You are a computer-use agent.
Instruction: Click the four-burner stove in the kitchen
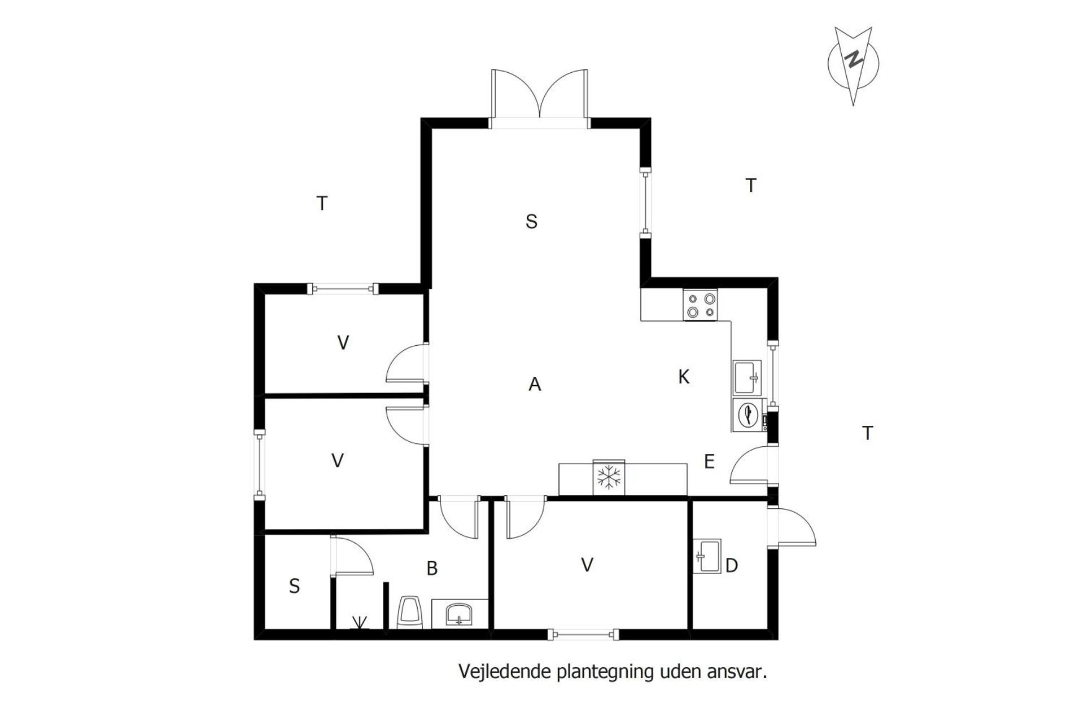tap(700, 305)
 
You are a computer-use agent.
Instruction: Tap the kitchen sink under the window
tap(747, 377)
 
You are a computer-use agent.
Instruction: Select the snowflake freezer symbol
tap(609, 478)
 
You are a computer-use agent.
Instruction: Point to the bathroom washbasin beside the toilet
tap(459, 614)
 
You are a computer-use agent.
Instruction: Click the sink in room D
tap(707, 556)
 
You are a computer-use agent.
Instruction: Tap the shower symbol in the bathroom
tap(359, 623)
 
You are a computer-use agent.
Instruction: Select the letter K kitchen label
tap(684, 377)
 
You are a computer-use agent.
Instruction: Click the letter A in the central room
tap(535, 384)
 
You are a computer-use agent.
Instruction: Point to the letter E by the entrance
tap(709, 461)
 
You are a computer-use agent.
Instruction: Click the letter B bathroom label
tap(432, 568)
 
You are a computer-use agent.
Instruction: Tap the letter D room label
tap(731, 565)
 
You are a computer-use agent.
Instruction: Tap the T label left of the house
tap(322, 203)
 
